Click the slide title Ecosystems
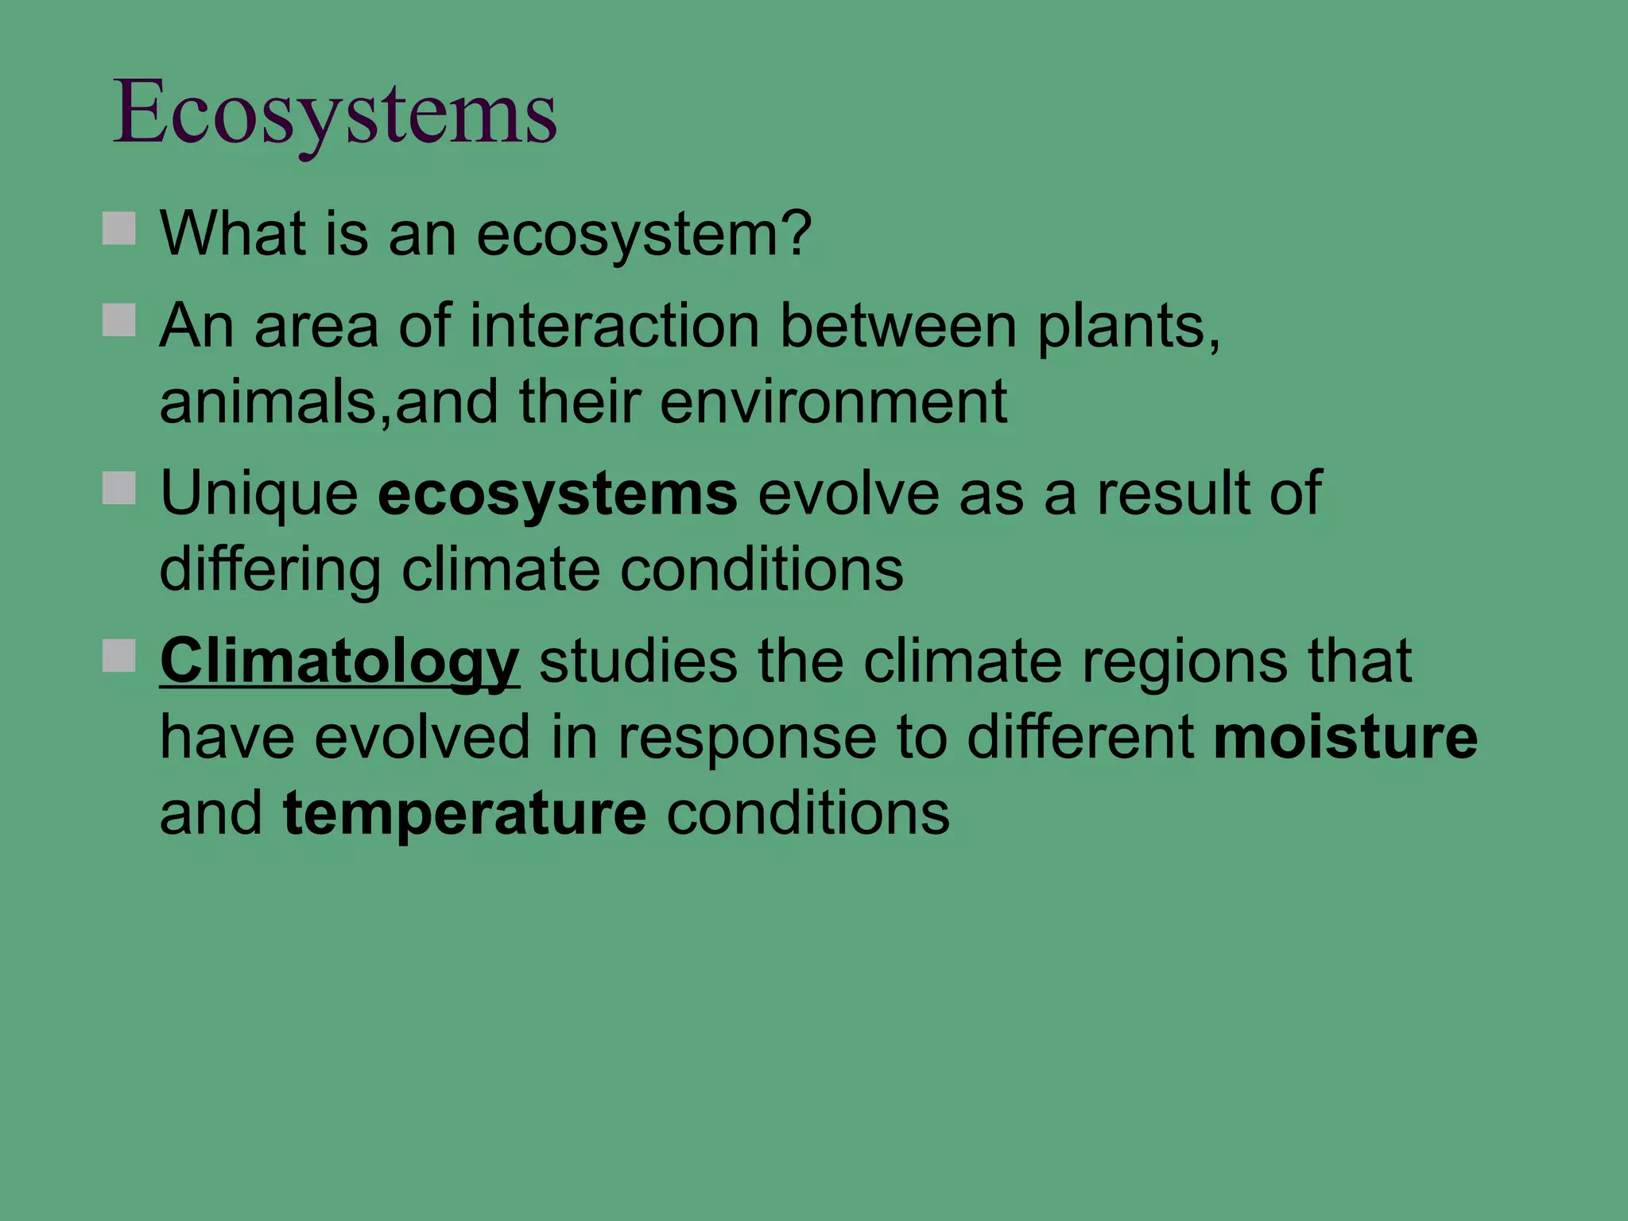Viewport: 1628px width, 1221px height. pyautogui.click(x=335, y=113)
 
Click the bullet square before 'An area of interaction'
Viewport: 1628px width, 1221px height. pyautogui.click(x=119, y=320)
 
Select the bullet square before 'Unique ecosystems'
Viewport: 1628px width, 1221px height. pyautogui.click(x=119, y=488)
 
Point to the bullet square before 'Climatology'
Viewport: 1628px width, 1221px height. pyautogui.click(x=119, y=656)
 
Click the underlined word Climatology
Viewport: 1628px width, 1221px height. pyautogui.click(x=339, y=661)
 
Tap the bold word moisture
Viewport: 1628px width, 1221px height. pyautogui.click(x=1345, y=737)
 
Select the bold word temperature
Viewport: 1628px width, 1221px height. pyautogui.click(x=464, y=813)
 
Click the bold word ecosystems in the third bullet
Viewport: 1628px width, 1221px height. pyautogui.click(x=557, y=494)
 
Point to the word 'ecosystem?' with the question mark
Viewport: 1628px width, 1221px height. pyautogui.click(x=644, y=235)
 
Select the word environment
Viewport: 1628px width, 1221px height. pyautogui.click(x=833, y=402)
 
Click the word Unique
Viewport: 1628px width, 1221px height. pyautogui.click(x=259, y=494)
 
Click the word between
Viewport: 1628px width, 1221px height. pyautogui.click(x=898, y=326)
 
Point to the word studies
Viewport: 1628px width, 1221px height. pyautogui.click(x=638, y=661)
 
